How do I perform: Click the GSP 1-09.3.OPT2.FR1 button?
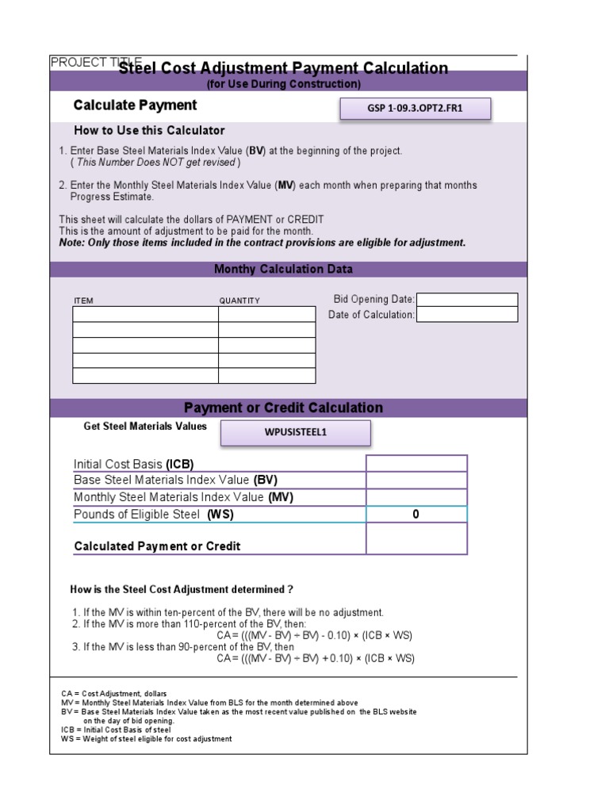(x=416, y=109)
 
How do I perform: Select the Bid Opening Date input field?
(x=466, y=299)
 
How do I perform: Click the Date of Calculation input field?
(x=466, y=315)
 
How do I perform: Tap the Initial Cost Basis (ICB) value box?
(x=416, y=464)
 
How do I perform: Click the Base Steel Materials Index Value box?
(x=416, y=481)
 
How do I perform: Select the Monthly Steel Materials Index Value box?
(x=416, y=497)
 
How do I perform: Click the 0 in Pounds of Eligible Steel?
(x=416, y=515)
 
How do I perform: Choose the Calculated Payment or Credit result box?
(x=416, y=539)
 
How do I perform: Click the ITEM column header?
(x=83, y=301)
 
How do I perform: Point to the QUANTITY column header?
(x=239, y=301)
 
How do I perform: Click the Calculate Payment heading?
(x=135, y=105)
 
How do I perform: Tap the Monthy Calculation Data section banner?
(x=283, y=270)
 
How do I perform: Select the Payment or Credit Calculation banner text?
(x=283, y=408)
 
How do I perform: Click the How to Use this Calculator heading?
(x=149, y=131)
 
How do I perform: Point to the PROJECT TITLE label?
(x=84, y=62)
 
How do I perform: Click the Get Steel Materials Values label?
(x=145, y=427)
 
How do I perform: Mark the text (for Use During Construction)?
(x=283, y=84)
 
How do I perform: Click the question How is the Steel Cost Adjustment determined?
(x=182, y=590)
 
